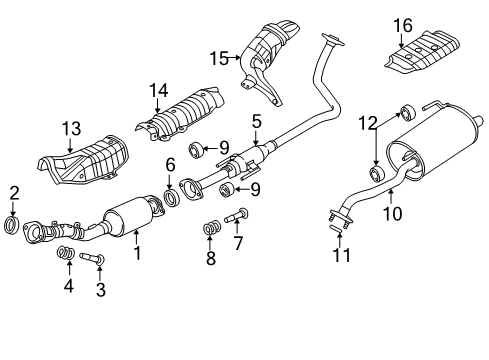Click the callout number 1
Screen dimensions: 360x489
point(137,255)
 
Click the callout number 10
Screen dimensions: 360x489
point(396,212)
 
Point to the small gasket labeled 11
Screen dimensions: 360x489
point(335,230)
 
